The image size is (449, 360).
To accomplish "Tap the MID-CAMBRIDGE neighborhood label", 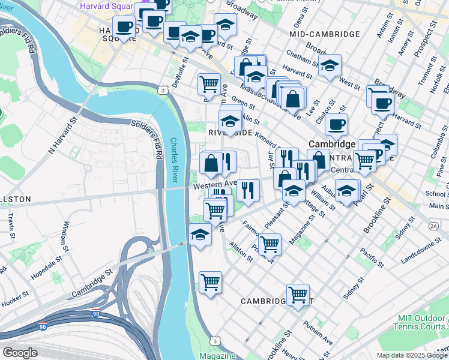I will [x=324, y=34].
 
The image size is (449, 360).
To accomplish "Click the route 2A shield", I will [x=434, y=226].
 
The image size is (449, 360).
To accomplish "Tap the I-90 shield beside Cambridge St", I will [x=96, y=313].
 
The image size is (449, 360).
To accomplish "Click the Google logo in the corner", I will [x=20, y=352].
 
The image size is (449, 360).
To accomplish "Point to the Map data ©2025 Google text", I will [x=411, y=355].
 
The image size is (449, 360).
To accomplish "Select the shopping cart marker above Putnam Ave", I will [x=298, y=294].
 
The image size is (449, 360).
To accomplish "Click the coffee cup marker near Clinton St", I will [x=336, y=125].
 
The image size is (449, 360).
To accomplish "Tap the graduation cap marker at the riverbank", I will [x=200, y=235].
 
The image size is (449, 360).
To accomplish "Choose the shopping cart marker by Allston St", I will [x=270, y=244].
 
